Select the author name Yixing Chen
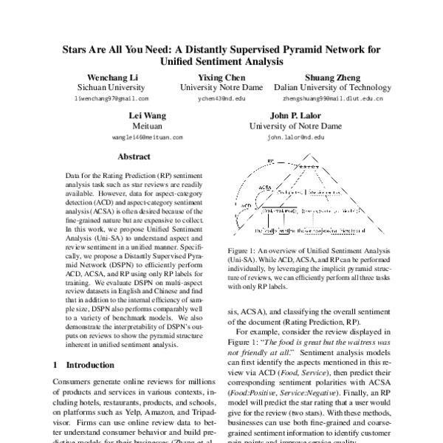(222, 78)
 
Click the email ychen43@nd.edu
(222, 98)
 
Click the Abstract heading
(134, 157)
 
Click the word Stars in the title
(75, 50)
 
